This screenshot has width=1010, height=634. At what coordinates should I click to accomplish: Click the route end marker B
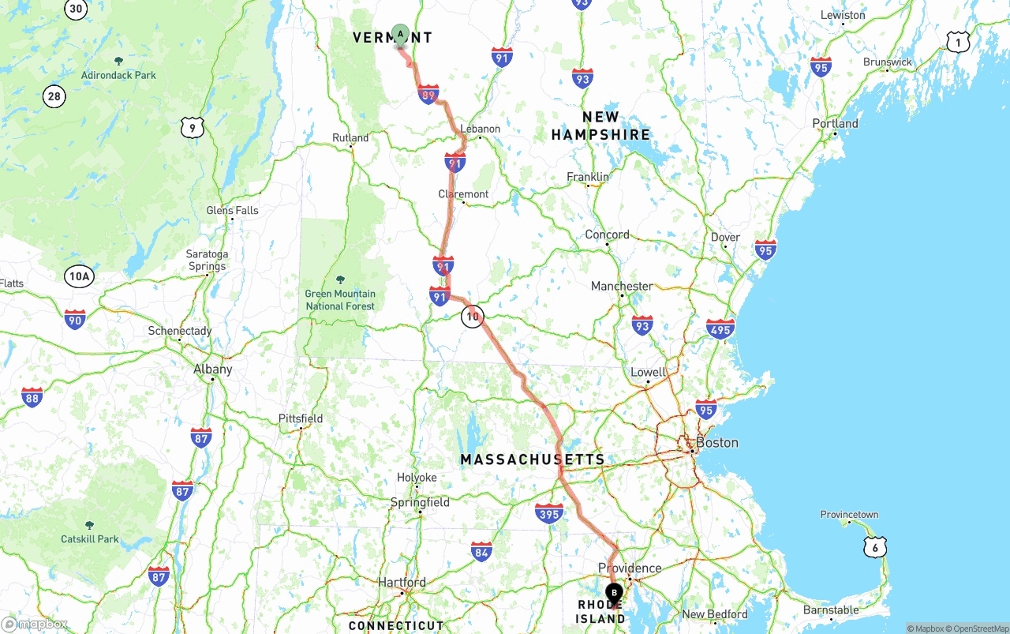614,593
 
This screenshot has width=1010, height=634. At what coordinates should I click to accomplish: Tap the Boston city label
716,443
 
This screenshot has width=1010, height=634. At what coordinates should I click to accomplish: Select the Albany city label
213,369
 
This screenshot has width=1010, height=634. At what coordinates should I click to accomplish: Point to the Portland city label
835,124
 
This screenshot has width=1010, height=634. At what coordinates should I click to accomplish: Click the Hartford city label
402,583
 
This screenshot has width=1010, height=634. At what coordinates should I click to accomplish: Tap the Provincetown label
849,515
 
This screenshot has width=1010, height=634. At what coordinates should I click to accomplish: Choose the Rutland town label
350,137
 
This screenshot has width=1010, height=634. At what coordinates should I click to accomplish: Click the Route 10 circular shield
472,317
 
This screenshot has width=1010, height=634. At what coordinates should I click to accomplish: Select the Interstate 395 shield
549,514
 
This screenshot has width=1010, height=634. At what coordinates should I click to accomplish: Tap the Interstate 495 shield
720,328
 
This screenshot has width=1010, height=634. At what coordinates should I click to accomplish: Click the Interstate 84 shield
482,551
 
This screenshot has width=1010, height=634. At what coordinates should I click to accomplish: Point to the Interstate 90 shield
75,320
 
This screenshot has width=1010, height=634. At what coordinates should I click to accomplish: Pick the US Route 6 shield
875,547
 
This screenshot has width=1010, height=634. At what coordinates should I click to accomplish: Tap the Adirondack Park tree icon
118,61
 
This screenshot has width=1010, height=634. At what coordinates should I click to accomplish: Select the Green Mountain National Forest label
341,299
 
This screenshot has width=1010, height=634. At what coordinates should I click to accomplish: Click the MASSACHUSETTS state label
533,460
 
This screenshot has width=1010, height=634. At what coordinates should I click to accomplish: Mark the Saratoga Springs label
207,260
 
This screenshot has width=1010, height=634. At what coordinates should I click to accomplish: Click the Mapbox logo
35,624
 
